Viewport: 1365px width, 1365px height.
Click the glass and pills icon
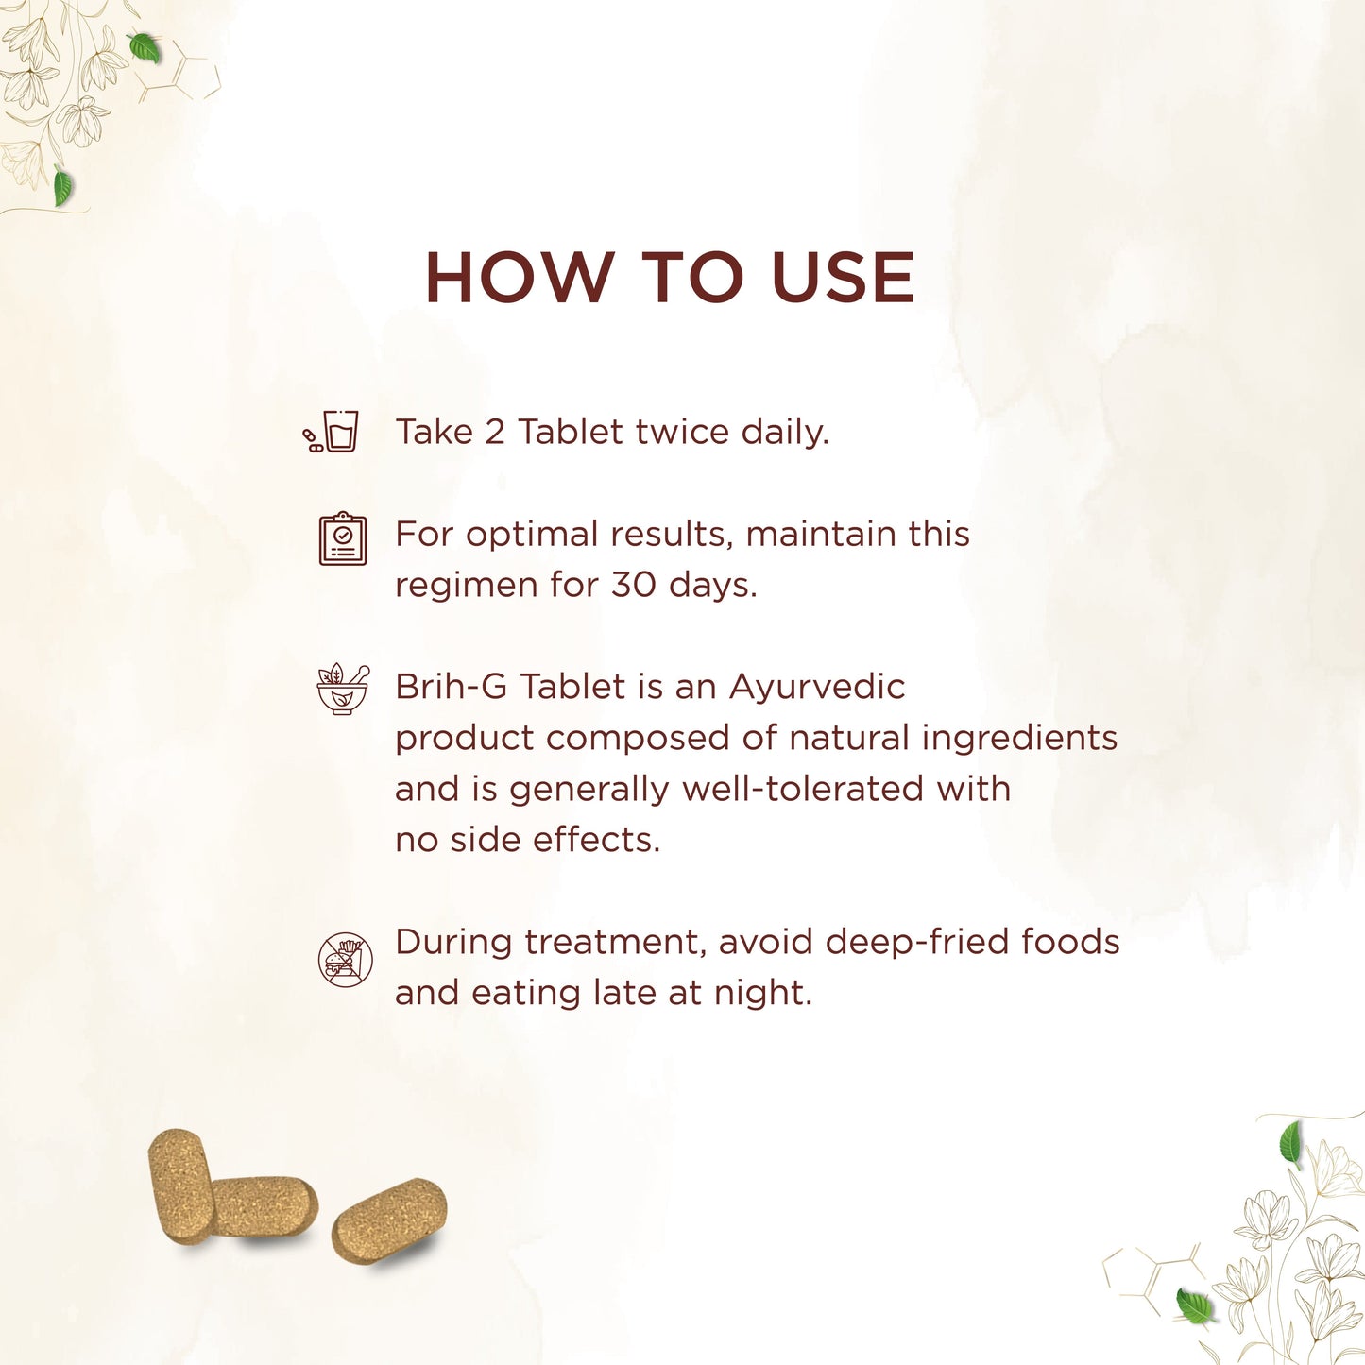coord(331,432)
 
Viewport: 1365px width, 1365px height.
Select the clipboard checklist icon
coord(343,538)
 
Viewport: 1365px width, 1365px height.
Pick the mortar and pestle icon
coord(343,689)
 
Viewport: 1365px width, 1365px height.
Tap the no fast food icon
coord(344,960)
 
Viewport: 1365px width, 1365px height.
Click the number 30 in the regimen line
coord(633,585)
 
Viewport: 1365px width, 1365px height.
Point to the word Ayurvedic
coord(817,687)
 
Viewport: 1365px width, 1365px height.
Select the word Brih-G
coord(451,686)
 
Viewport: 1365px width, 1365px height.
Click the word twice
coord(682,431)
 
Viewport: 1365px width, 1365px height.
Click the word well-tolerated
coord(803,789)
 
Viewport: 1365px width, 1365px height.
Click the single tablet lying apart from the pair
coord(389,1220)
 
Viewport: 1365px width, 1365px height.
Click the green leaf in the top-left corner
coord(145,47)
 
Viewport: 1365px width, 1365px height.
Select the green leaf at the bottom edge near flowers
coord(1194,1306)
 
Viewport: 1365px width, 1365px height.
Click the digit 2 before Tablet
coord(494,432)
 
